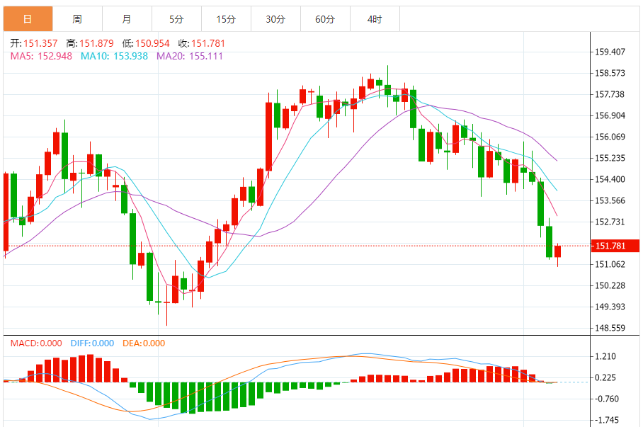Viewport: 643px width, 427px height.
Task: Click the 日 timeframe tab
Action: [27, 19]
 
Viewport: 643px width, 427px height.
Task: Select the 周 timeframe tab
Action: [76, 19]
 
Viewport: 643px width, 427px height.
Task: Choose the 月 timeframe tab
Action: [126, 19]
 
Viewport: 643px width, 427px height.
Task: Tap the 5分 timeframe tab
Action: [176, 19]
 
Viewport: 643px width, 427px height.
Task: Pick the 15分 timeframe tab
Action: [226, 19]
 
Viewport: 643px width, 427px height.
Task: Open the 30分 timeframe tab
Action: [275, 19]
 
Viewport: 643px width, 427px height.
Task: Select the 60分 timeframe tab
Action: [325, 19]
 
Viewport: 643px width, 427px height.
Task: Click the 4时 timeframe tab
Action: [375, 19]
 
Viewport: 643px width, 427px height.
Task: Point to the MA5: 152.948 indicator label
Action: [41, 56]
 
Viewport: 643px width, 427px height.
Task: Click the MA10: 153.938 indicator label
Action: [114, 56]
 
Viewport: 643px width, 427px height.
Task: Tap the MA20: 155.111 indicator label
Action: [189, 56]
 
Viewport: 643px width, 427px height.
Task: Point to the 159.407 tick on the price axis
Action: [610, 52]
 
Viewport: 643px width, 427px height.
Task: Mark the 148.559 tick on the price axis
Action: [610, 328]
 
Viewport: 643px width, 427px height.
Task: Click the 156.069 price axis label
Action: [610, 137]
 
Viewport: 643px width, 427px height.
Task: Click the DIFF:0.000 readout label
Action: [91, 343]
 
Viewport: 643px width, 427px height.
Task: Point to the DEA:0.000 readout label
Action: [144, 343]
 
